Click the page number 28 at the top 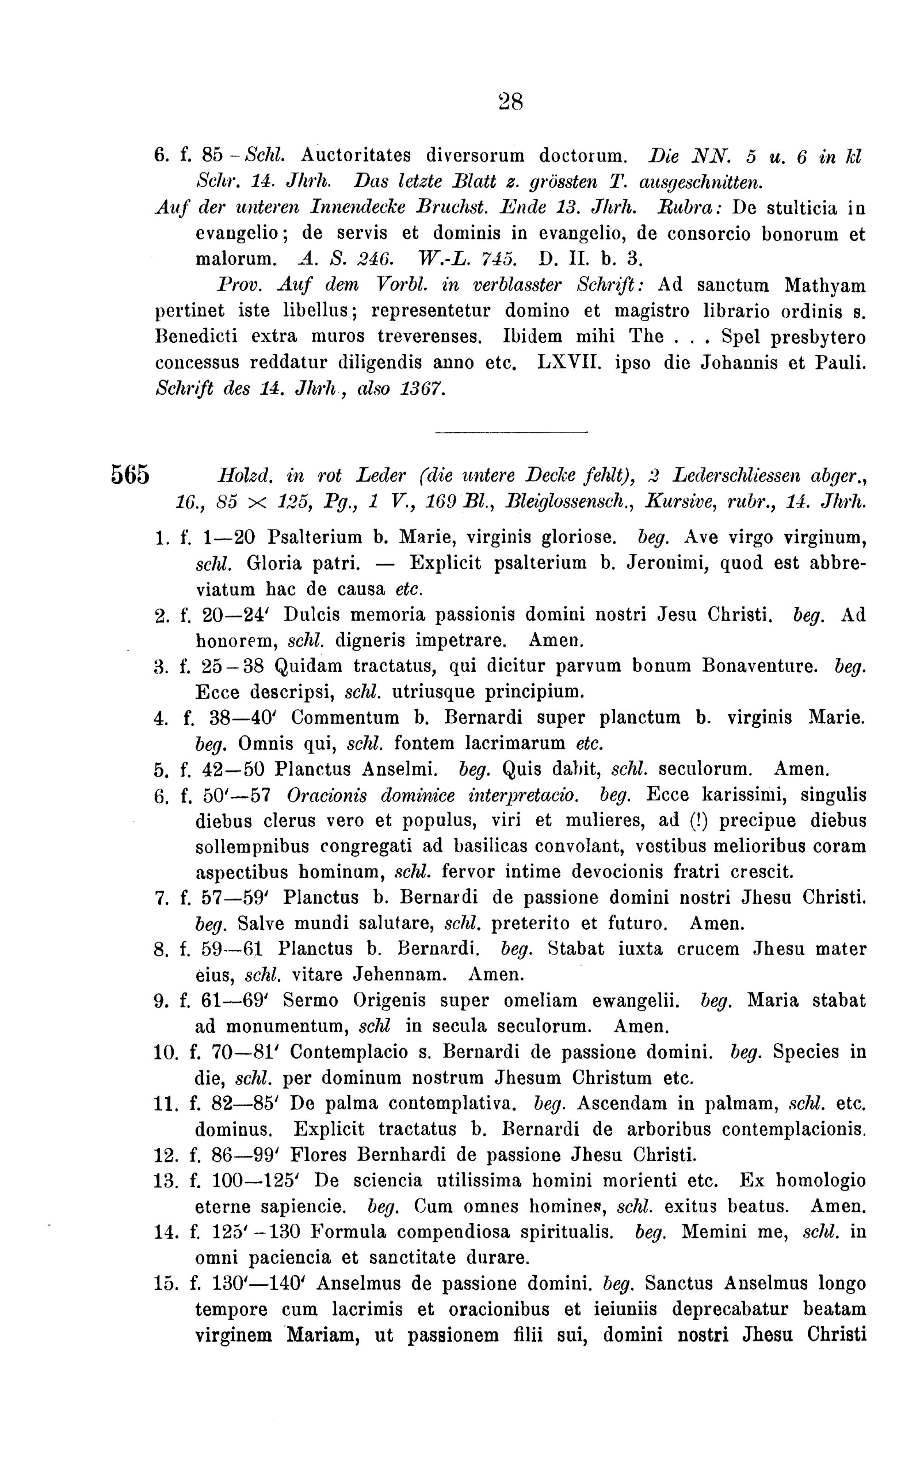[511, 101]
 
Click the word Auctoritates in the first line [351, 155]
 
